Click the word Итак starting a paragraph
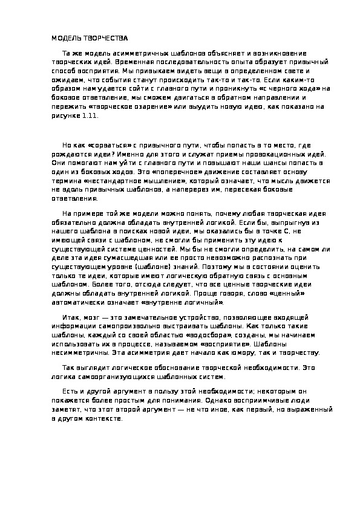coord(70,318)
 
